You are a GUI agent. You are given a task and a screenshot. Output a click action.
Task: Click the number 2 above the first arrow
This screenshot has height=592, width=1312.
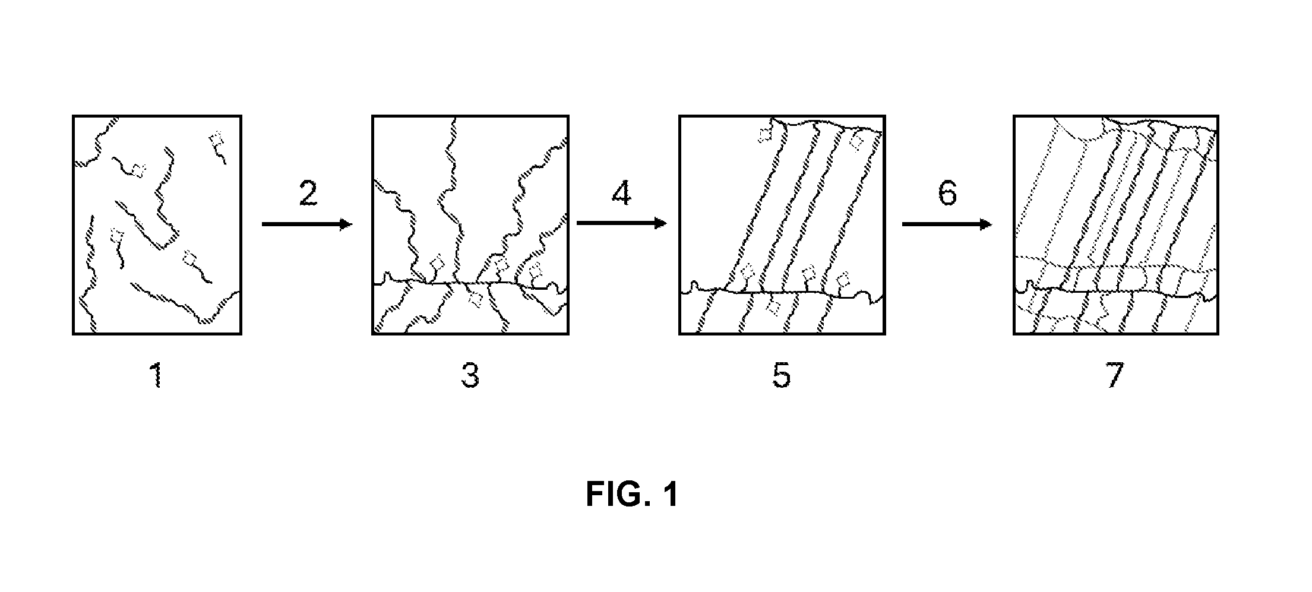tap(308, 193)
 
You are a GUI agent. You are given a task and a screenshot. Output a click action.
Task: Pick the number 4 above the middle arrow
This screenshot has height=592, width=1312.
tap(621, 193)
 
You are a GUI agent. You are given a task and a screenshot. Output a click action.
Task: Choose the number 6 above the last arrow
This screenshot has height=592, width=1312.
tap(947, 193)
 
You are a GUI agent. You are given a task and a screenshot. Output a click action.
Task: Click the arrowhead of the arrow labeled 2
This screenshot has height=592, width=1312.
tap(347, 224)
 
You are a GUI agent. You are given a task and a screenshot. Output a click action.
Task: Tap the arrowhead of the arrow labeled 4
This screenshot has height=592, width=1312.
tap(660, 223)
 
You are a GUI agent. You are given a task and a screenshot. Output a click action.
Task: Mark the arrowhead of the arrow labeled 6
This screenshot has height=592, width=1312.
tap(985, 224)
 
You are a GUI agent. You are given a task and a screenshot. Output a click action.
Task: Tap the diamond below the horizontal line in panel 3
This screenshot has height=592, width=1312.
tap(475, 300)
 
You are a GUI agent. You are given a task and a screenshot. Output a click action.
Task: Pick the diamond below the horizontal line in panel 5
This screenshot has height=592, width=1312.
tap(773, 306)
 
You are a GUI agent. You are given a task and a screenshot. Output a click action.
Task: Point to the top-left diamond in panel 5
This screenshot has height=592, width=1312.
tap(765, 135)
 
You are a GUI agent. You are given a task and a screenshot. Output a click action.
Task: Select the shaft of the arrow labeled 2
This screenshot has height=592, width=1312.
tap(301, 224)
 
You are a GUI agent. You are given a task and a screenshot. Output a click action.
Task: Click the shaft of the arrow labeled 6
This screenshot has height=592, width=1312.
tap(940, 224)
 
